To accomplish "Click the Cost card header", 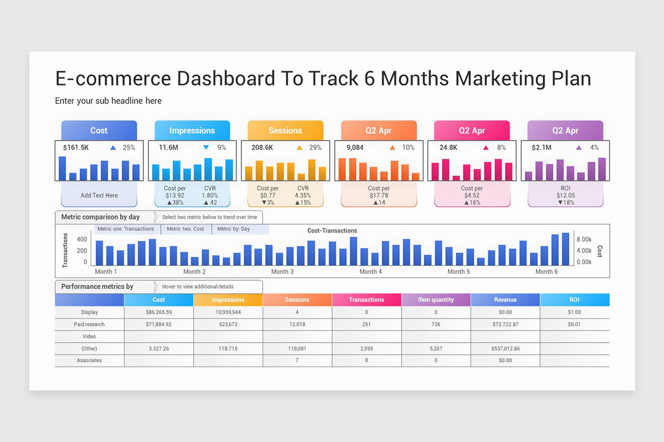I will point(99,130).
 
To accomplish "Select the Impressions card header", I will point(192,130).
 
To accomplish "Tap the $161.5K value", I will point(76,148).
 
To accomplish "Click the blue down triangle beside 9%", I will point(206,148).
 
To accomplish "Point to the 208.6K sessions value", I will point(262,148).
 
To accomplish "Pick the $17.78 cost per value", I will point(378,196).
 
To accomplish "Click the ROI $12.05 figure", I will point(565,196).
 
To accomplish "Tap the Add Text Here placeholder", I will point(99,195).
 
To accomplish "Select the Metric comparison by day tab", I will point(101,217).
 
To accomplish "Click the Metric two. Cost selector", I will point(185,229).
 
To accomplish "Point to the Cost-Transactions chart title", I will point(332,230).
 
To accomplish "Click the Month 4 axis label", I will point(371,271).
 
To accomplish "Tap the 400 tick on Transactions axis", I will point(82,240).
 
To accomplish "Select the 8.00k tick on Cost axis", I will point(584,240).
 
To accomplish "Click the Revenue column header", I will point(505,300).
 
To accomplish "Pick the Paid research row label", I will point(89,324).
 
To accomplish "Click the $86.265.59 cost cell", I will point(158,312).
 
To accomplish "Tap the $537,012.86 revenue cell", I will point(505,349).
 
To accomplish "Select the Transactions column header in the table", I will point(366,300).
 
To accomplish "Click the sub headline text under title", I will point(108,101).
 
